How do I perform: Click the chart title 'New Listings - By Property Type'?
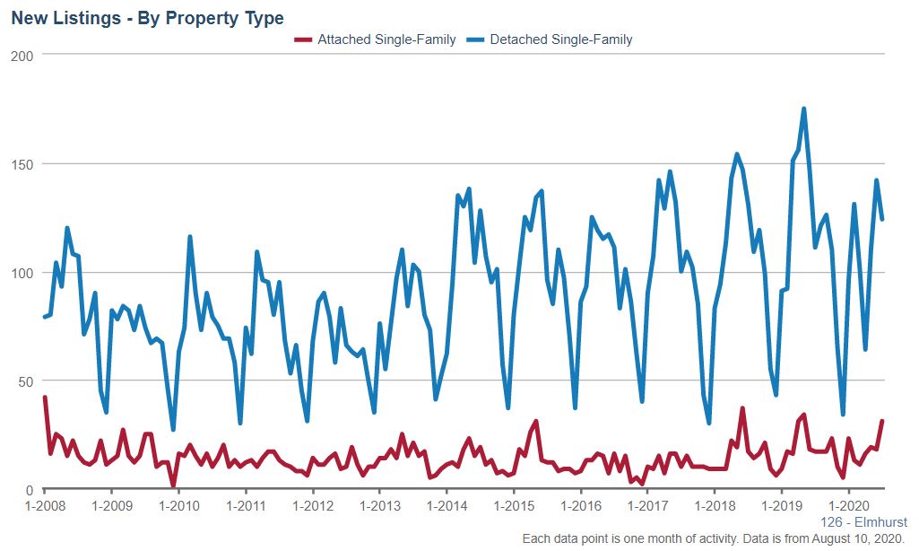coord(147,19)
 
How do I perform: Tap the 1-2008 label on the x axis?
coord(44,506)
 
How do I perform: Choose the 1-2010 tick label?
coord(178,506)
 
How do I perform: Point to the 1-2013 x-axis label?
coord(379,506)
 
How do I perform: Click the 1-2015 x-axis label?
coord(514,506)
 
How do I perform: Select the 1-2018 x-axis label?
coord(715,506)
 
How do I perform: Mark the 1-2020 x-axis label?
coord(848,506)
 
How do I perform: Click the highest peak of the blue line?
coord(803,109)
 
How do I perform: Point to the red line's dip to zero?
coord(173,488)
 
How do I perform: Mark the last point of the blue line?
coord(882,219)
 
